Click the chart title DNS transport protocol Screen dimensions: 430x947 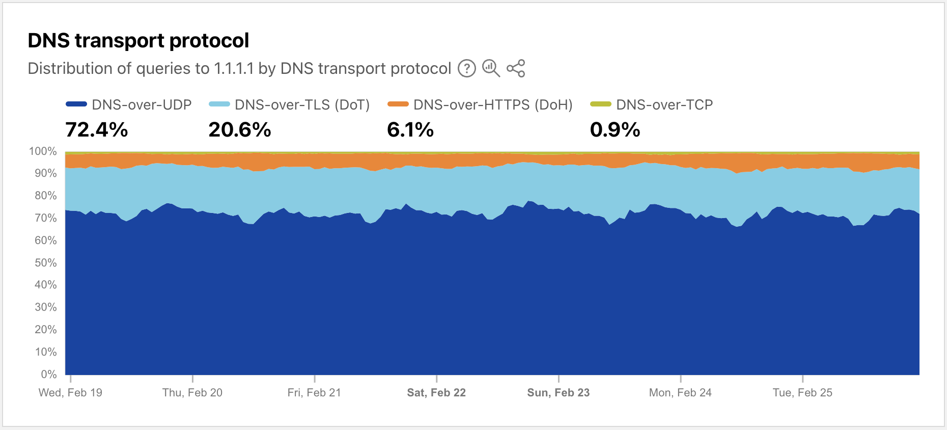[138, 41]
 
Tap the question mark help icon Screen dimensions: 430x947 [466, 68]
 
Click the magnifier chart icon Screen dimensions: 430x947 [491, 68]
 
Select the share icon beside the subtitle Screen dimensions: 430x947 [516, 68]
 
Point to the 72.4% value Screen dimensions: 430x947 [97, 130]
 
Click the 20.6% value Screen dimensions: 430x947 [240, 130]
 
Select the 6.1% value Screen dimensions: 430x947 [410, 130]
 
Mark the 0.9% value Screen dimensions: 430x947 [615, 130]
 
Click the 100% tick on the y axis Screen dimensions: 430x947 [43, 151]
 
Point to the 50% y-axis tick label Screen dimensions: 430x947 [45, 263]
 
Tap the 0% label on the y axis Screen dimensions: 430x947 [49, 374]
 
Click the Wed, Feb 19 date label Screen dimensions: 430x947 [70, 393]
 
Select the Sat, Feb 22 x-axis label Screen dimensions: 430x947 [436, 393]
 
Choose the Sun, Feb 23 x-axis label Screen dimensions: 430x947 [558, 393]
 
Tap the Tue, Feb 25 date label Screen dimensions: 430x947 [802, 393]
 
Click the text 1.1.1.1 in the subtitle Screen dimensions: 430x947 [234, 68]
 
